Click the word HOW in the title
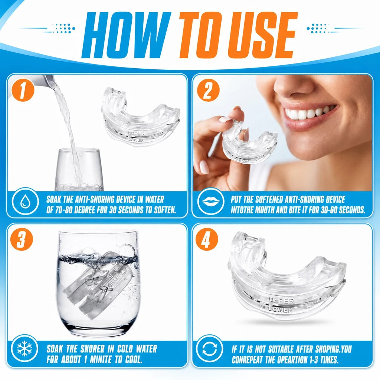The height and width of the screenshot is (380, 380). point(127,35)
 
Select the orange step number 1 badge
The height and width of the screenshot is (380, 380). point(23,90)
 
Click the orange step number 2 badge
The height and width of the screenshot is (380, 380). point(208,90)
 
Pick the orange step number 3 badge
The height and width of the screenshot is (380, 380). point(21,239)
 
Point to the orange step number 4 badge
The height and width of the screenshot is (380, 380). point(207,239)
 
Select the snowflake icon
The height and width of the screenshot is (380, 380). point(24,348)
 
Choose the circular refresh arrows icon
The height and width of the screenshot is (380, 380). point(210,348)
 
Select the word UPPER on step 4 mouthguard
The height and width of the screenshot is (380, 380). point(281,301)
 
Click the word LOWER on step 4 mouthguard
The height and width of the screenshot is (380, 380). point(281,309)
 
